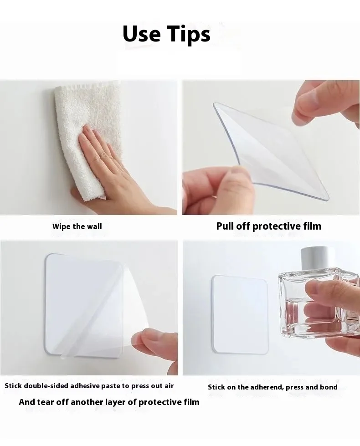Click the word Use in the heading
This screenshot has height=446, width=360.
(141, 34)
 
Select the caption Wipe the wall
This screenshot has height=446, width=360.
(77, 226)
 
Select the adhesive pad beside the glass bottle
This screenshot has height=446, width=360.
(240, 314)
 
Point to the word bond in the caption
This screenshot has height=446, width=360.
(329, 387)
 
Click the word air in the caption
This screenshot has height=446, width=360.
(170, 386)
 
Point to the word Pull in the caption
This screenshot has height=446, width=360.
(225, 226)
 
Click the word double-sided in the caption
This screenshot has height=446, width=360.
(46, 386)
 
